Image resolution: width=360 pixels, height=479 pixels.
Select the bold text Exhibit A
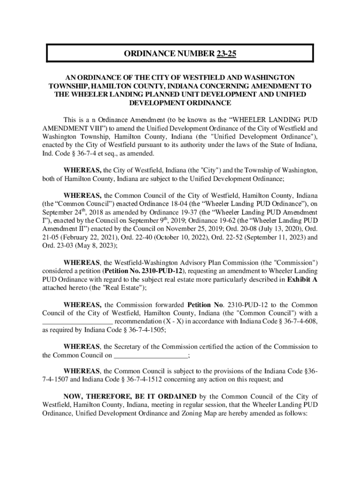click(302, 280)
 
